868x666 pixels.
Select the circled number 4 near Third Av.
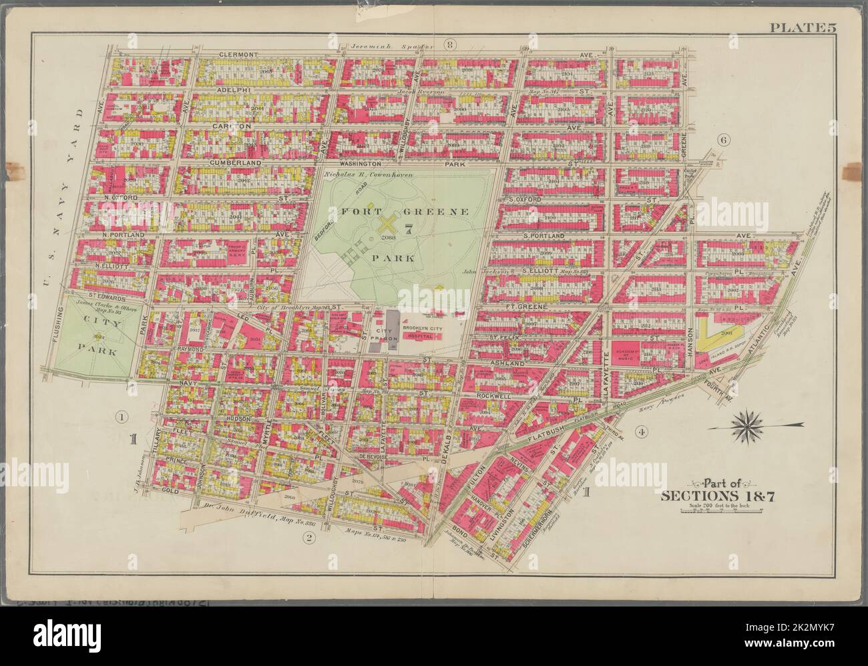640,432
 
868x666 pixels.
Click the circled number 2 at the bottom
308,539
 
